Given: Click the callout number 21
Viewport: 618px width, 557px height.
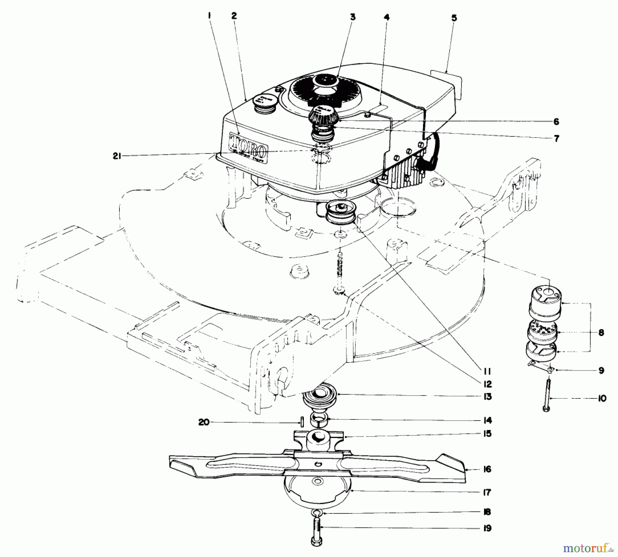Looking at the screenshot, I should (x=117, y=156).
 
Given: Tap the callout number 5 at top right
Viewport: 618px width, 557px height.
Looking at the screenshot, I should (x=454, y=18).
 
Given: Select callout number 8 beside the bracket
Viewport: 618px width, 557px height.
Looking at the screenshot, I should (x=601, y=333).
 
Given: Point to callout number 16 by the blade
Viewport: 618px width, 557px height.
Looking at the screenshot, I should (x=487, y=469).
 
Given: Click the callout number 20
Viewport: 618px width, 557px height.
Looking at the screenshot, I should (x=204, y=422).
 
